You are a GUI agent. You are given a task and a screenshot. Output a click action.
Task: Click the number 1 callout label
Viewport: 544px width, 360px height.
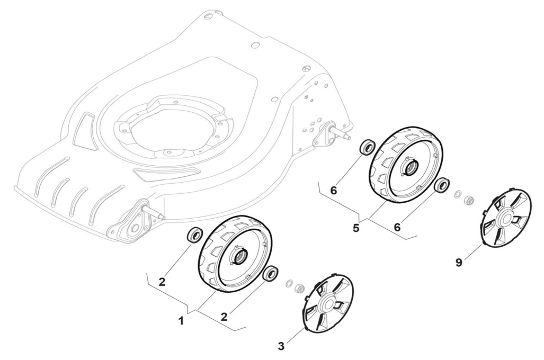[x=181, y=321]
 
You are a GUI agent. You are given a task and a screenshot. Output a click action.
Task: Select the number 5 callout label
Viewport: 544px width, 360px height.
[x=355, y=228]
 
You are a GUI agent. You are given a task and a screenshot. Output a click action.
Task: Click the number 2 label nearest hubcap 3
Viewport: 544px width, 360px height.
[x=224, y=317]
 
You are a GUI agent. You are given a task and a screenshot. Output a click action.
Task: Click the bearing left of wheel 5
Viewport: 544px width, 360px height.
[x=366, y=147]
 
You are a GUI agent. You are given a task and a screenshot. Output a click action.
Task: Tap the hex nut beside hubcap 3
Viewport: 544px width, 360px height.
[x=298, y=289]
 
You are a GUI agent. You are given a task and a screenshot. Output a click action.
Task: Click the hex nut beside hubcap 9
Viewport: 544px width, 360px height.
[x=468, y=200]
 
